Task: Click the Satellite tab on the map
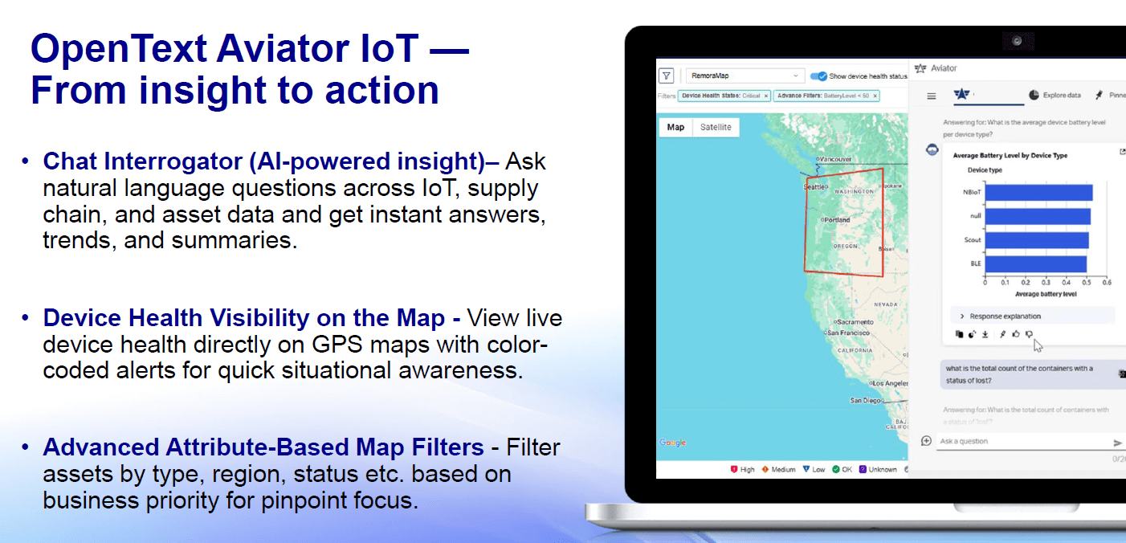click(x=716, y=127)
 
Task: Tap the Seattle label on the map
click(x=814, y=187)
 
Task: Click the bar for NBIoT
click(x=1038, y=193)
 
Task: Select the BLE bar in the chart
click(x=1035, y=263)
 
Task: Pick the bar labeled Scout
click(x=1037, y=240)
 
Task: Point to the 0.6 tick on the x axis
click(x=1106, y=283)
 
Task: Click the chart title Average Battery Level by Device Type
click(x=1010, y=155)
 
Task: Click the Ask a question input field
click(x=1020, y=442)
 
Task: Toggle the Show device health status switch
click(x=818, y=76)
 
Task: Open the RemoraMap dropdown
click(x=744, y=76)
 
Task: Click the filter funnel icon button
click(x=667, y=76)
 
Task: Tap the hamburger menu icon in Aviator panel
click(x=932, y=96)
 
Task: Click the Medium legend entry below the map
click(x=778, y=469)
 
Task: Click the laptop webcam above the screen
click(x=1017, y=41)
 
